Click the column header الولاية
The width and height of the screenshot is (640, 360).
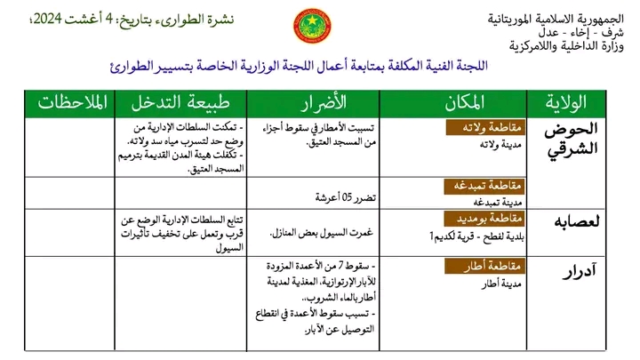tap(581, 103)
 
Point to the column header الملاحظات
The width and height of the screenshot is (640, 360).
tap(73, 103)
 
